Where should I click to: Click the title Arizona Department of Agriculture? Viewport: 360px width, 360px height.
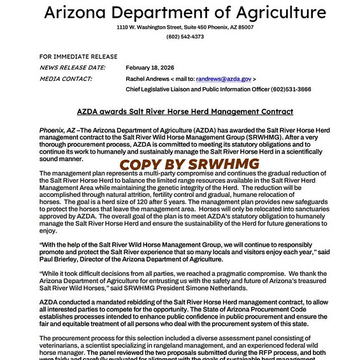[x=185, y=13]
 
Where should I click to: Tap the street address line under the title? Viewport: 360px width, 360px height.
[x=185, y=28]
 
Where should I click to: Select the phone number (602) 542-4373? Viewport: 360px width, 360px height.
[x=185, y=37]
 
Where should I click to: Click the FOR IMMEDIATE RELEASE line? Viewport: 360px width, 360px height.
[x=70, y=57]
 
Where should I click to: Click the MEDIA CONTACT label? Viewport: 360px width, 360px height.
[x=66, y=79]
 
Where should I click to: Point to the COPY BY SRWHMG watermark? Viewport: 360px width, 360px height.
[x=189, y=164]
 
